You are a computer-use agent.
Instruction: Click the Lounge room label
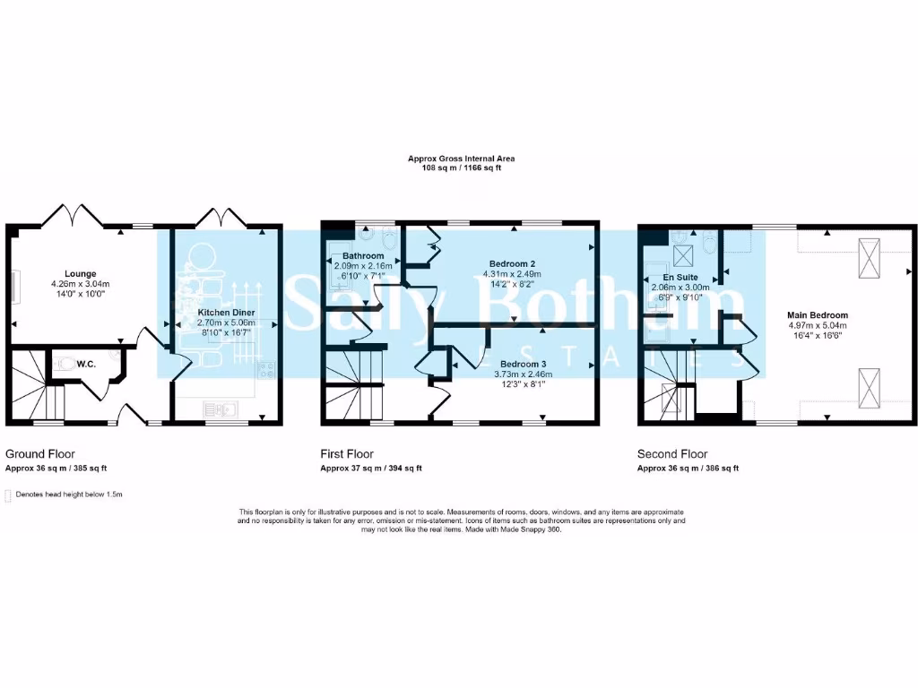80,273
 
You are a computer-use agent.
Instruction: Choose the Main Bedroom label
817,315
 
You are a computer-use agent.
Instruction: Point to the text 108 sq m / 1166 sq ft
462,168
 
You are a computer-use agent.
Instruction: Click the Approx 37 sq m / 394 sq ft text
371,469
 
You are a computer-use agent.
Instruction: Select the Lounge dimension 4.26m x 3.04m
80,284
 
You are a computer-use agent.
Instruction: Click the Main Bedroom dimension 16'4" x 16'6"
817,336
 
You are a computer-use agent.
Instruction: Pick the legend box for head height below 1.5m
9,494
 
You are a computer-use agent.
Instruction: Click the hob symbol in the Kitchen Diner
266,367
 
